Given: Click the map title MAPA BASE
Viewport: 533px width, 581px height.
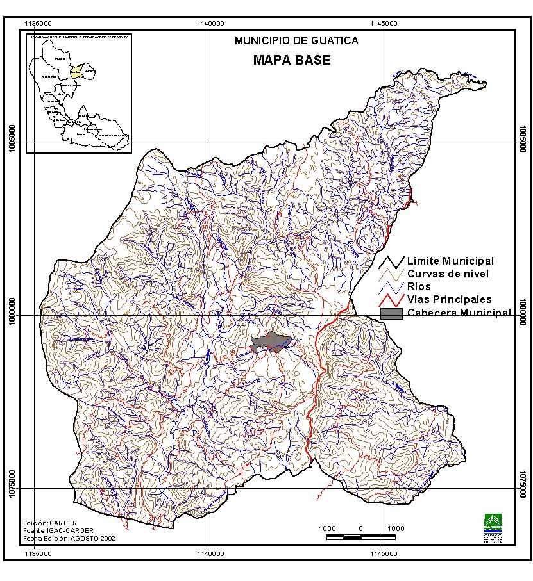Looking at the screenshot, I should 292,61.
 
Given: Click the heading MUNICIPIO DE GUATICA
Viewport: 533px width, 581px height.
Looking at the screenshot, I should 296,40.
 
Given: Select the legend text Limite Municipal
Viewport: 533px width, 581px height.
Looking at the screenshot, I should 450,261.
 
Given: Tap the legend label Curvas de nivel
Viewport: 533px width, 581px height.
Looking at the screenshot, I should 448,274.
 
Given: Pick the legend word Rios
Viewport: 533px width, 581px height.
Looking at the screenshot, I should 419,286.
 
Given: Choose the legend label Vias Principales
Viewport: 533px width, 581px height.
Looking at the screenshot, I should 449,299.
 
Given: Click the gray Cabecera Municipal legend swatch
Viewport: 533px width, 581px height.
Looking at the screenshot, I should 391,313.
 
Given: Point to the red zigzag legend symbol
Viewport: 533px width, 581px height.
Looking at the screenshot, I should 391,300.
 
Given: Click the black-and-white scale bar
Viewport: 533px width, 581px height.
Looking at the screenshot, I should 361,536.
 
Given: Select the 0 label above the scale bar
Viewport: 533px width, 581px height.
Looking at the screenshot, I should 361,528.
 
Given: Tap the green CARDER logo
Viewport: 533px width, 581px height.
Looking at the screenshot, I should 493,521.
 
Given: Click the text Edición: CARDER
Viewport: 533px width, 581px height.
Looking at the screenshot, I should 49,523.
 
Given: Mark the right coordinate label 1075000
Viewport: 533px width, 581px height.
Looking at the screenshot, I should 523,488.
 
